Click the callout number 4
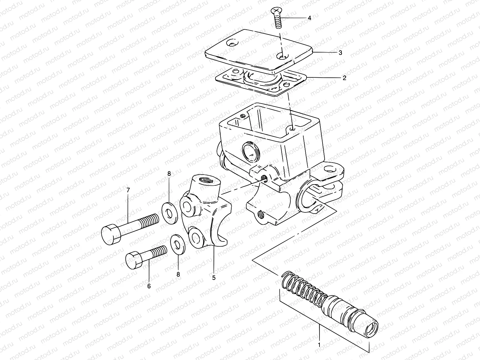tap(309, 18)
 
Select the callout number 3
tap(340, 52)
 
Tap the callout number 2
tap(344, 78)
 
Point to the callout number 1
tap(319, 345)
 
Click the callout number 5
tap(214, 277)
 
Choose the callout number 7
tap(128, 190)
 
